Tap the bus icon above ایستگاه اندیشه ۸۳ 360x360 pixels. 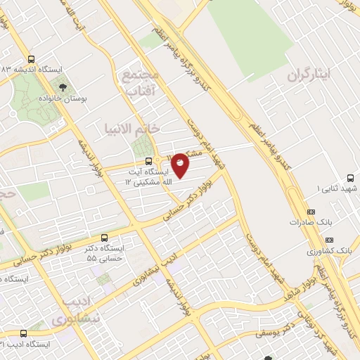30,59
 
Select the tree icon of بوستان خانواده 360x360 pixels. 65,87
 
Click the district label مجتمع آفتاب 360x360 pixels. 143,79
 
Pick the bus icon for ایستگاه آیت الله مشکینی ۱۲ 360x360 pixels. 138,160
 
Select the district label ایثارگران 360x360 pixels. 307,75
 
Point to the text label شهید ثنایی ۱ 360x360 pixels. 338,188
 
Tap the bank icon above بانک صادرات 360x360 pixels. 311,211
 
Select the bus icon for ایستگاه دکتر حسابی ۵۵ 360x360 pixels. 105,237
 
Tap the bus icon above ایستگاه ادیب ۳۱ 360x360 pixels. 24,333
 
